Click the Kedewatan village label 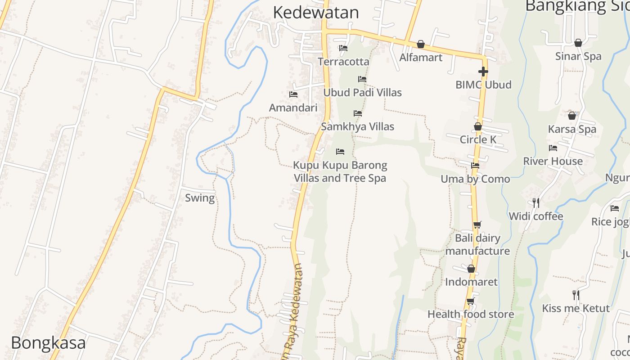316,13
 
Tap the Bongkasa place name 48,343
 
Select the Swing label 200,198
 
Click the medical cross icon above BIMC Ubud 483,72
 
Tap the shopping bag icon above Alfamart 420,44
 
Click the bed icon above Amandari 293,94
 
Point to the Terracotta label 343,62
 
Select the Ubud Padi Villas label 362,92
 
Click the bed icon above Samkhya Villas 358,113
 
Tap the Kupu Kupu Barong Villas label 340,171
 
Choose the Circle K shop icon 478,127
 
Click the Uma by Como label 475,179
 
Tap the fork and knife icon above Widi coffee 535,203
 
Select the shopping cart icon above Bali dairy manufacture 477,225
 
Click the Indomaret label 471,282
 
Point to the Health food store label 471,314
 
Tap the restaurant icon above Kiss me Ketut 576,295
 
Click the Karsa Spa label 572,129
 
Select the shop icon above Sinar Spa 578,43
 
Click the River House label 553,161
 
